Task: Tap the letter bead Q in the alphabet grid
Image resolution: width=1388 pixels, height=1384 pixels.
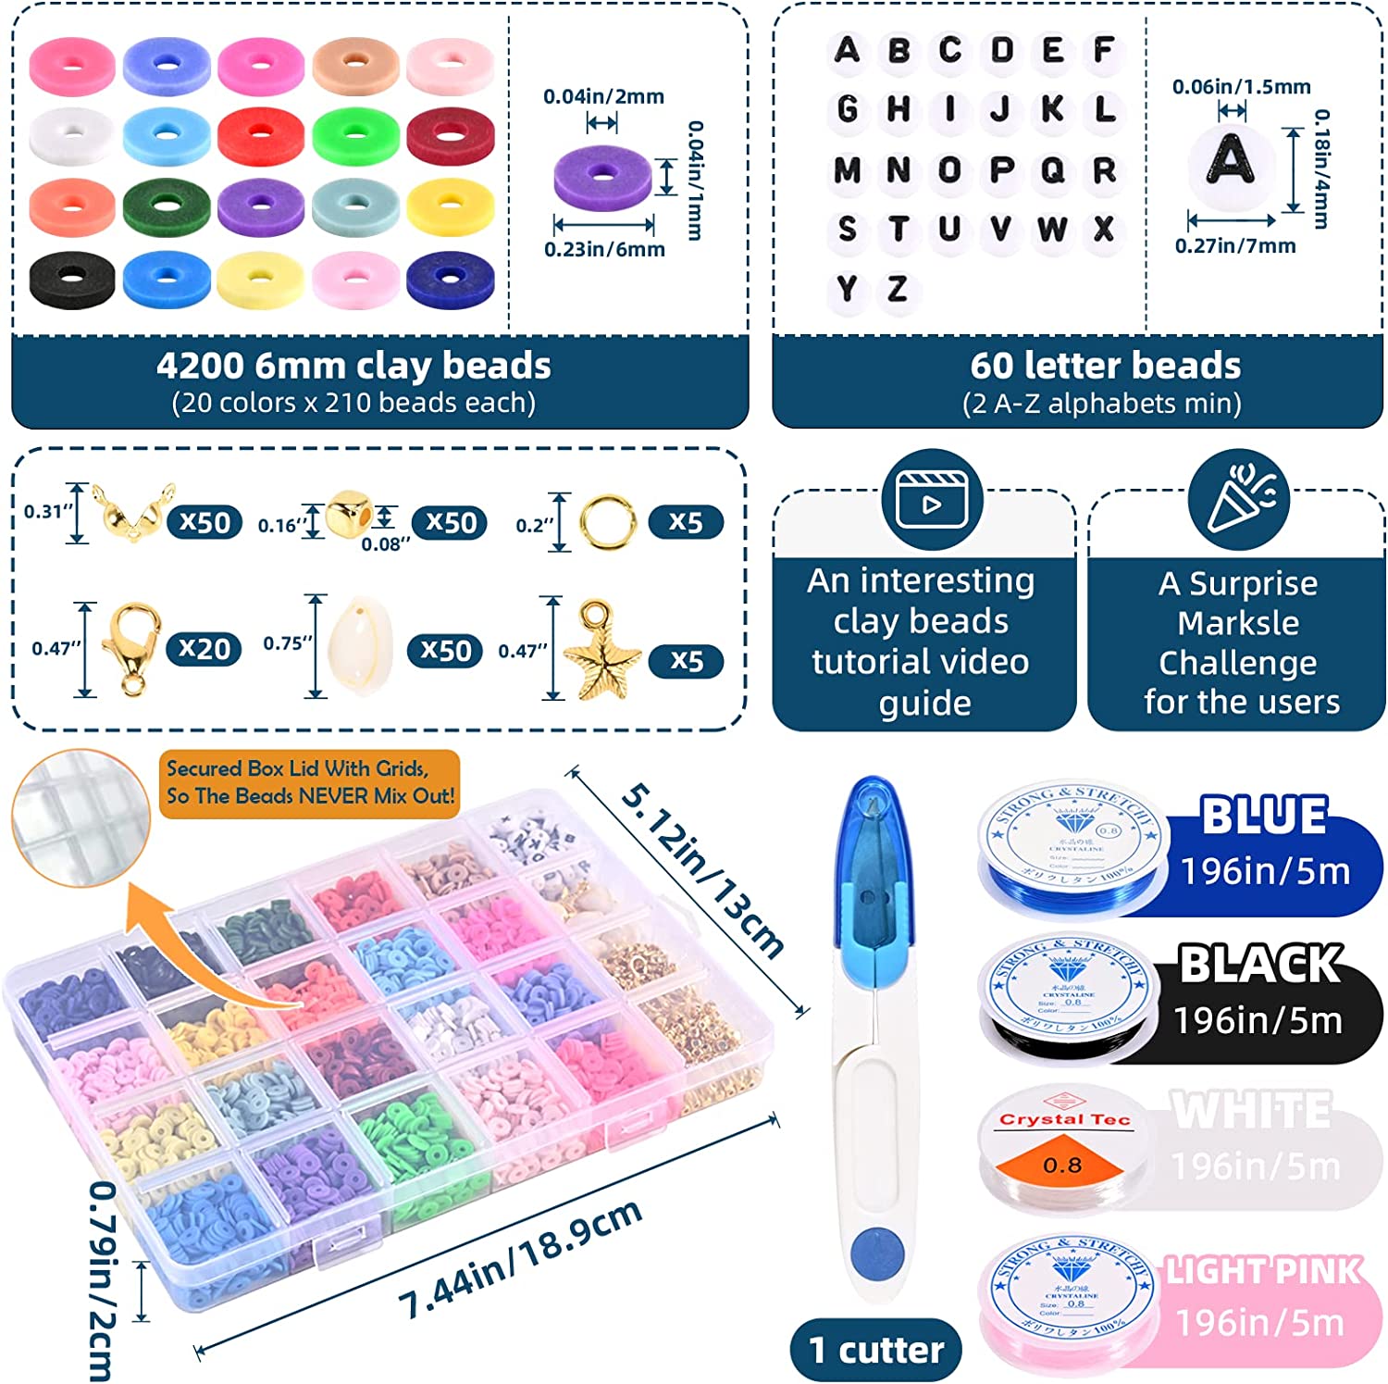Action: point(1052,169)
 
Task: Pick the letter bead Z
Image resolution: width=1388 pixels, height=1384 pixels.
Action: point(897,290)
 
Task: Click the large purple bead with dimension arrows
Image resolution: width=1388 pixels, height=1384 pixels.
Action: point(602,176)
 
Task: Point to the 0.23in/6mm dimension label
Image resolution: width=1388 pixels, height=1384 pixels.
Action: point(604,249)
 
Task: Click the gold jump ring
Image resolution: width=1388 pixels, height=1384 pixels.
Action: point(607,521)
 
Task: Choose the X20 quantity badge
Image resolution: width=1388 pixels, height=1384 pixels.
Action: point(204,649)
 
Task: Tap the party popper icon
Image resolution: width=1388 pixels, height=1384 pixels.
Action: point(1238,501)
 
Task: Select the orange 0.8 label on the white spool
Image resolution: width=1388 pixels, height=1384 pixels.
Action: point(1062,1163)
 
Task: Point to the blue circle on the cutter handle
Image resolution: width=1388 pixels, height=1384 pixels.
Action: point(875,1253)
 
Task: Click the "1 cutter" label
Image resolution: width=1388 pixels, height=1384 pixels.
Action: point(875,1350)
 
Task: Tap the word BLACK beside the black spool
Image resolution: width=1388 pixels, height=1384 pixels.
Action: point(1260,965)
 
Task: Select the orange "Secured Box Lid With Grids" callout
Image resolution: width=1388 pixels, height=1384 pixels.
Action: point(309,782)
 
